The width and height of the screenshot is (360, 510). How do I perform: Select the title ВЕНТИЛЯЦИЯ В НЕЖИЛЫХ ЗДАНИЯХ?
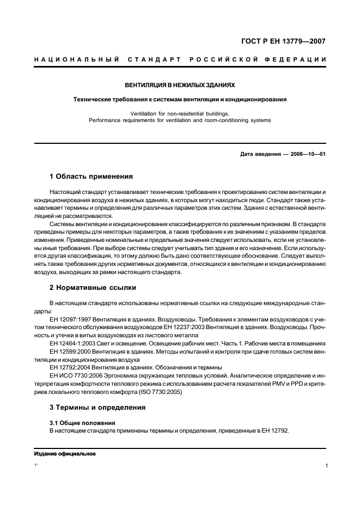point(180,86)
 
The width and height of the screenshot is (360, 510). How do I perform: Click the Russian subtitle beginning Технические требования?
point(180,100)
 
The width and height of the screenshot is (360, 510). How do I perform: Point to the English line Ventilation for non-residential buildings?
point(180,113)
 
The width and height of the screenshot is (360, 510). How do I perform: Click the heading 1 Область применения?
point(91,177)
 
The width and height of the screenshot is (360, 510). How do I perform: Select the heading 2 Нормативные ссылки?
point(93,287)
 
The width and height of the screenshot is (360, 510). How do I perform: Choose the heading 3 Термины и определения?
point(97,407)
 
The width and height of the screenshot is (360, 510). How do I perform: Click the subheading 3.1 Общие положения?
point(76,423)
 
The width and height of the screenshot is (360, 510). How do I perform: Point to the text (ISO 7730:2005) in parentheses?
point(157,391)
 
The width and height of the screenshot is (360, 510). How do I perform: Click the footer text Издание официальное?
point(65,454)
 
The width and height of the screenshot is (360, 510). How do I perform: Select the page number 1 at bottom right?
point(325,466)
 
